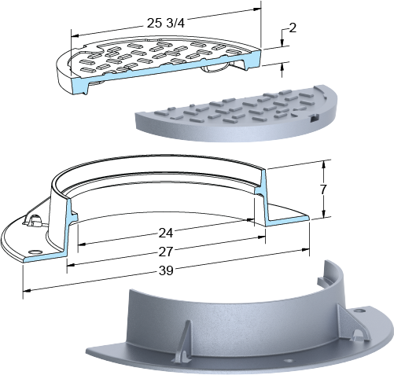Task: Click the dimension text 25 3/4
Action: point(166,24)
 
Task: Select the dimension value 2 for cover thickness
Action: point(293,28)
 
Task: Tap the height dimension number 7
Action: point(323,189)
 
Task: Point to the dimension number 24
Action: point(166,233)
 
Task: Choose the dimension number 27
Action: point(166,252)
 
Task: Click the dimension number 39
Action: point(166,270)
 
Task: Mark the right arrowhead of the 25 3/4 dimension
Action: point(257,9)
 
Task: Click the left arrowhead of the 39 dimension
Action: point(28,290)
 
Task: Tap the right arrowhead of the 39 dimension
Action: point(305,250)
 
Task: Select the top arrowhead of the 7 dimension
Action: point(324,164)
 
